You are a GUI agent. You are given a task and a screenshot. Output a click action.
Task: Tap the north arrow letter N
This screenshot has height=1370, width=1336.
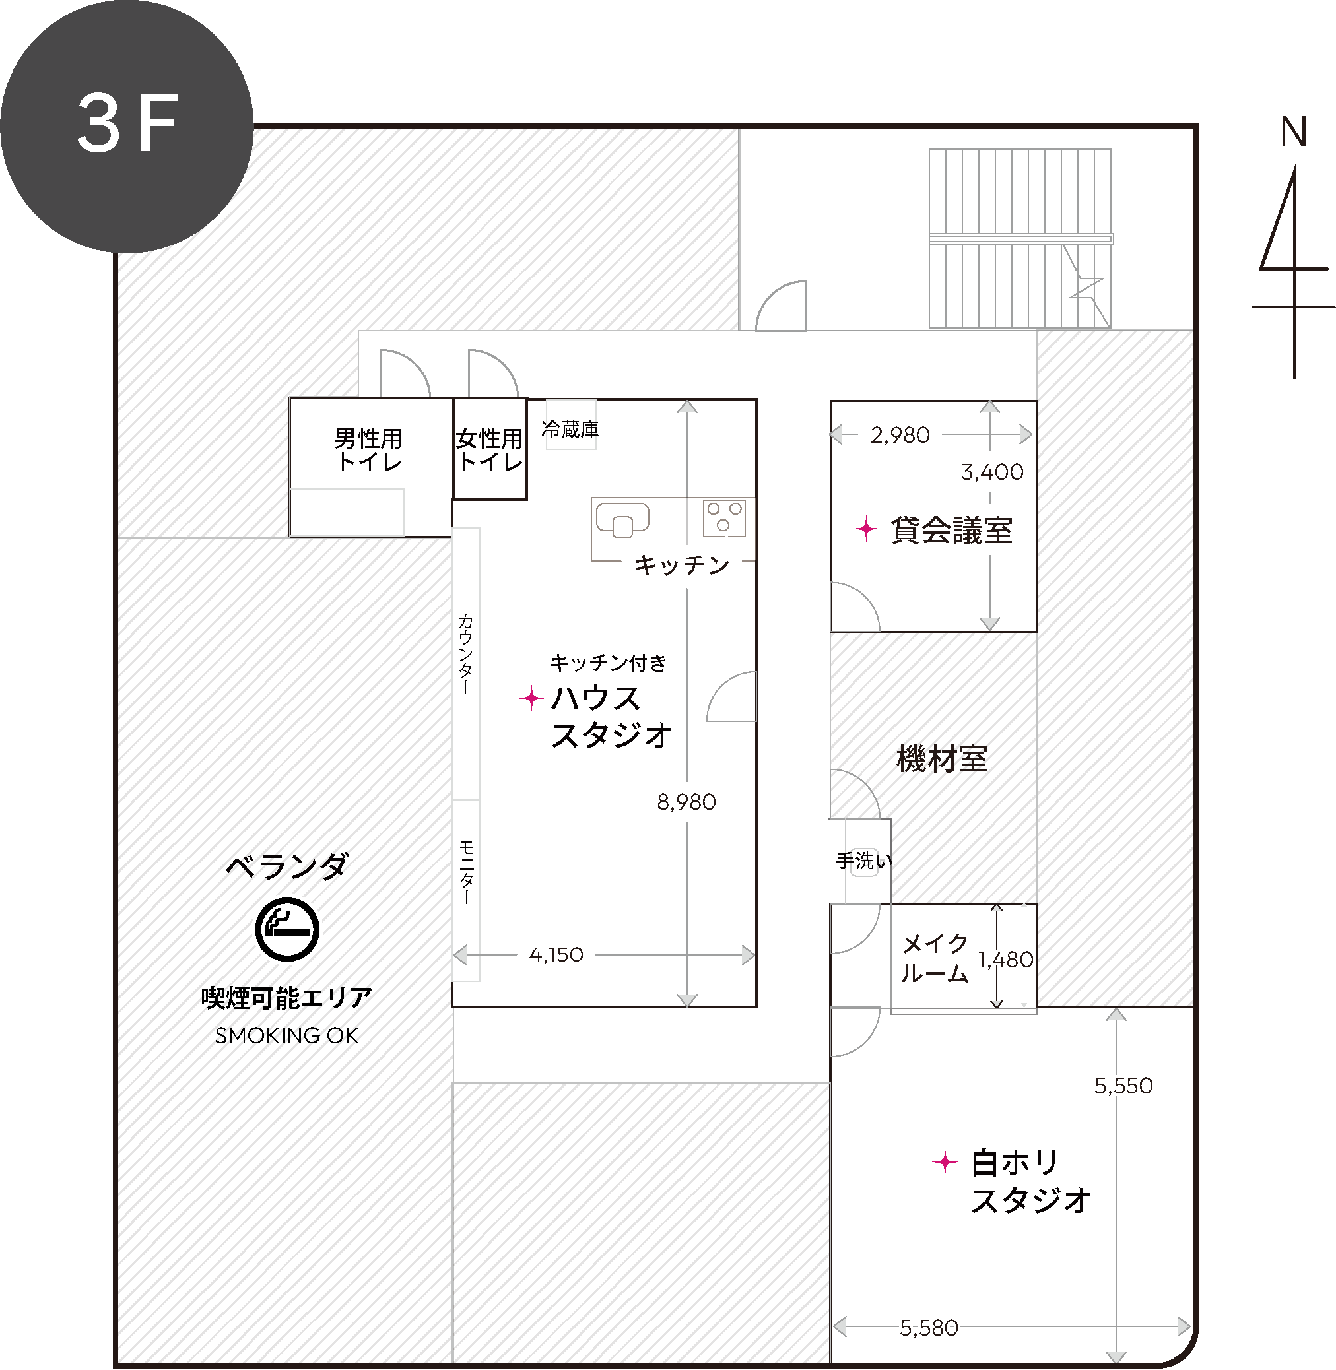tap(1294, 131)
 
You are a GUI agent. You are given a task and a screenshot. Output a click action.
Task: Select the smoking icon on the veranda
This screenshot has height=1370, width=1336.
tap(287, 929)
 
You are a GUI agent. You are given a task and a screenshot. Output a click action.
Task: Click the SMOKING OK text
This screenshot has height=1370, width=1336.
tap(286, 1035)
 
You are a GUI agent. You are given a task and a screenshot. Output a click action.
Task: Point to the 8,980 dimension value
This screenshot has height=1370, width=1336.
tap(686, 802)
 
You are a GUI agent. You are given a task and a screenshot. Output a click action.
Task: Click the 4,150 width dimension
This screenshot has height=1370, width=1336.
tap(556, 955)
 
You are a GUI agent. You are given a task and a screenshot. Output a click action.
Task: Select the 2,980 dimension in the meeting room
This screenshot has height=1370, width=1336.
tap(900, 435)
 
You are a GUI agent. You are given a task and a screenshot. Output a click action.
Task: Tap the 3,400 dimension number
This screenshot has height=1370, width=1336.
tap(992, 472)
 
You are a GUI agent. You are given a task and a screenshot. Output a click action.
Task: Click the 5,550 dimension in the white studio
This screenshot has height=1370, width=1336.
tap(1123, 1086)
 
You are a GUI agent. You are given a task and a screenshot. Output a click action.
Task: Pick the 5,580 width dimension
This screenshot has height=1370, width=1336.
tap(929, 1328)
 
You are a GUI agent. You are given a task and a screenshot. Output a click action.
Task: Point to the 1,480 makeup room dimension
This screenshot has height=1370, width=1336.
tap(1006, 960)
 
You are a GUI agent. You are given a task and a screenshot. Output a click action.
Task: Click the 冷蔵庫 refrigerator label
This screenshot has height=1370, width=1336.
tap(570, 430)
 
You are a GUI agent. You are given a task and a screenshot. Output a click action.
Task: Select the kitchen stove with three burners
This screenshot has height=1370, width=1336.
tap(724, 517)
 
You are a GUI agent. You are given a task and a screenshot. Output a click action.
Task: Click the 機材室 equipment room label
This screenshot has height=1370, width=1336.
tap(943, 759)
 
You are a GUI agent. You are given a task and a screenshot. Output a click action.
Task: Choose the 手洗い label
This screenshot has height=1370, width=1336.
tap(864, 861)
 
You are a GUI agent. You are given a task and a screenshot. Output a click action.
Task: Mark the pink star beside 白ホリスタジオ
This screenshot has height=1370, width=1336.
tap(945, 1162)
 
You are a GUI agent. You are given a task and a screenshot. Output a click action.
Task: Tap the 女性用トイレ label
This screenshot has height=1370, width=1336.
tap(490, 449)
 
